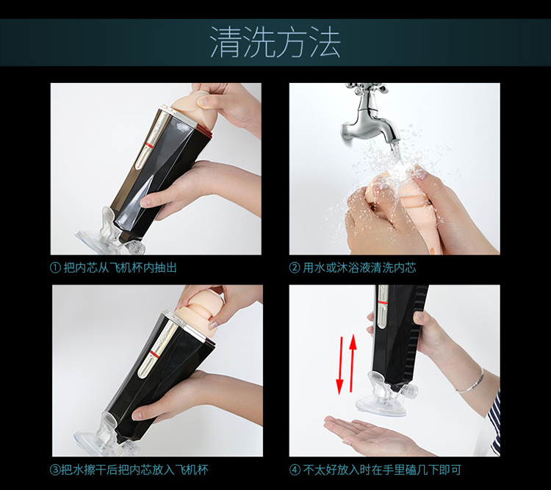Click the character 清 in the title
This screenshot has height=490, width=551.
[x=226, y=43]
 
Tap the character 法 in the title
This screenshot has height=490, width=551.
[x=325, y=43]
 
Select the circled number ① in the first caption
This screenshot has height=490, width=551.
[x=55, y=268]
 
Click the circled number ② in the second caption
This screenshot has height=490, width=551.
[x=294, y=268]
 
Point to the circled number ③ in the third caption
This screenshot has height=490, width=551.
[x=55, y=470]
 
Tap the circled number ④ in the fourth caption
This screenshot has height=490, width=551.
[x=295, y=470]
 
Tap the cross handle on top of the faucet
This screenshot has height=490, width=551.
[x=367, y=90]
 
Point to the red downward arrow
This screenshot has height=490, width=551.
[x=340, y=366]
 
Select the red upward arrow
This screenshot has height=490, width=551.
[x=353, y=363]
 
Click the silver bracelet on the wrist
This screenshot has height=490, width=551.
[x=471, y=381]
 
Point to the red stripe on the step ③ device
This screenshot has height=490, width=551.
[x=154, y=352]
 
